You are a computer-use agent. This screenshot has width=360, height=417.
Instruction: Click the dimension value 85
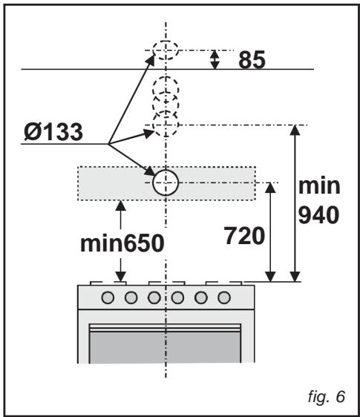point(252,60)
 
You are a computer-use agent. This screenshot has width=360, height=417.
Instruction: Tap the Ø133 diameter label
point(53,132)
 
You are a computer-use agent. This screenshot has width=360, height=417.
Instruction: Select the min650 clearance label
point(122,243)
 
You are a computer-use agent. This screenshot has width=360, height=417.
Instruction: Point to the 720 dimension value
point(244,236)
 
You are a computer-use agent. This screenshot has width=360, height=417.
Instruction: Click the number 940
point(318,215)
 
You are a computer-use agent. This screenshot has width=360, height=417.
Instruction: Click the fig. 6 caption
point(327,397)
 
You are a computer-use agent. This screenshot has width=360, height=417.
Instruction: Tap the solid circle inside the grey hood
point(166,183)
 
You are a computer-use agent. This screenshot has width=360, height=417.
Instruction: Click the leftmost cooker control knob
point(108,298)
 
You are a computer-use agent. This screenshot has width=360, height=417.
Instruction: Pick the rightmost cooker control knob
point(224,298)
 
